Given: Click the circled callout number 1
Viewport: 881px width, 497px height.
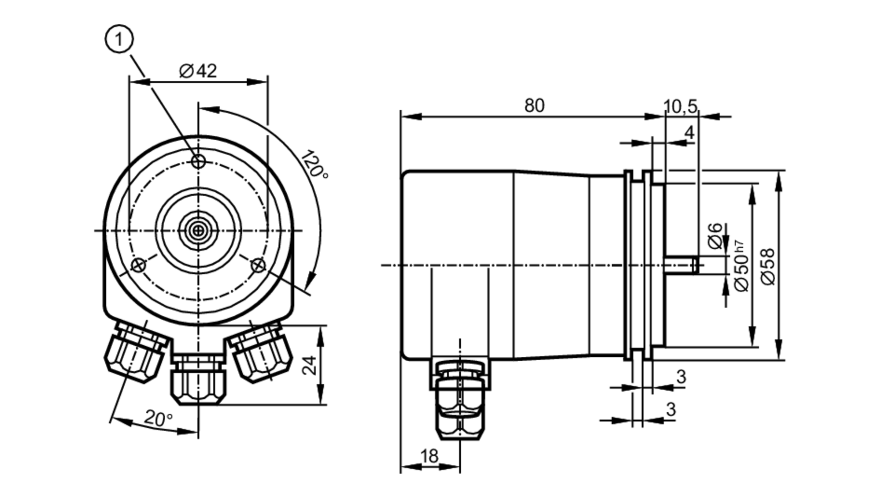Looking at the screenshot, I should (x=118, y=40).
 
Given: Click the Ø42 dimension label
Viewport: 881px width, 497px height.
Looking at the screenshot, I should (x=198, y=71).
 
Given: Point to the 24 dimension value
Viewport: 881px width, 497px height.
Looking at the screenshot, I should (x=310, y=365).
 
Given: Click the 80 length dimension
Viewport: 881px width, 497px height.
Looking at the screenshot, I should (x=534, y=106).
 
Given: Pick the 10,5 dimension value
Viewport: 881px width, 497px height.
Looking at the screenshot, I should (x=680, y=106).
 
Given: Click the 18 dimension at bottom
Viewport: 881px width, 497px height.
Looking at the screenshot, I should (x=429, y=456).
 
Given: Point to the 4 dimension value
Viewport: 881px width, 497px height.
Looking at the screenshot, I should (x=689, y=132).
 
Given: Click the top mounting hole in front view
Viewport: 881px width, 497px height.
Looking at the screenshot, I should (x=199, y=161).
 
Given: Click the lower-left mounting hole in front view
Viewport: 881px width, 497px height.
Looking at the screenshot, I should (x=139, y=265).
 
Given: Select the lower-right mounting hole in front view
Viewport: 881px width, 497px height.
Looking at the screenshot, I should (x=258, y=265).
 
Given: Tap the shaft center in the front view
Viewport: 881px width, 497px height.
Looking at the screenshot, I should (x=199, y=230).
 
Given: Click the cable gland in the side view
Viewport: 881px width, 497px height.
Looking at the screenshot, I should (x=460, y=401).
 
